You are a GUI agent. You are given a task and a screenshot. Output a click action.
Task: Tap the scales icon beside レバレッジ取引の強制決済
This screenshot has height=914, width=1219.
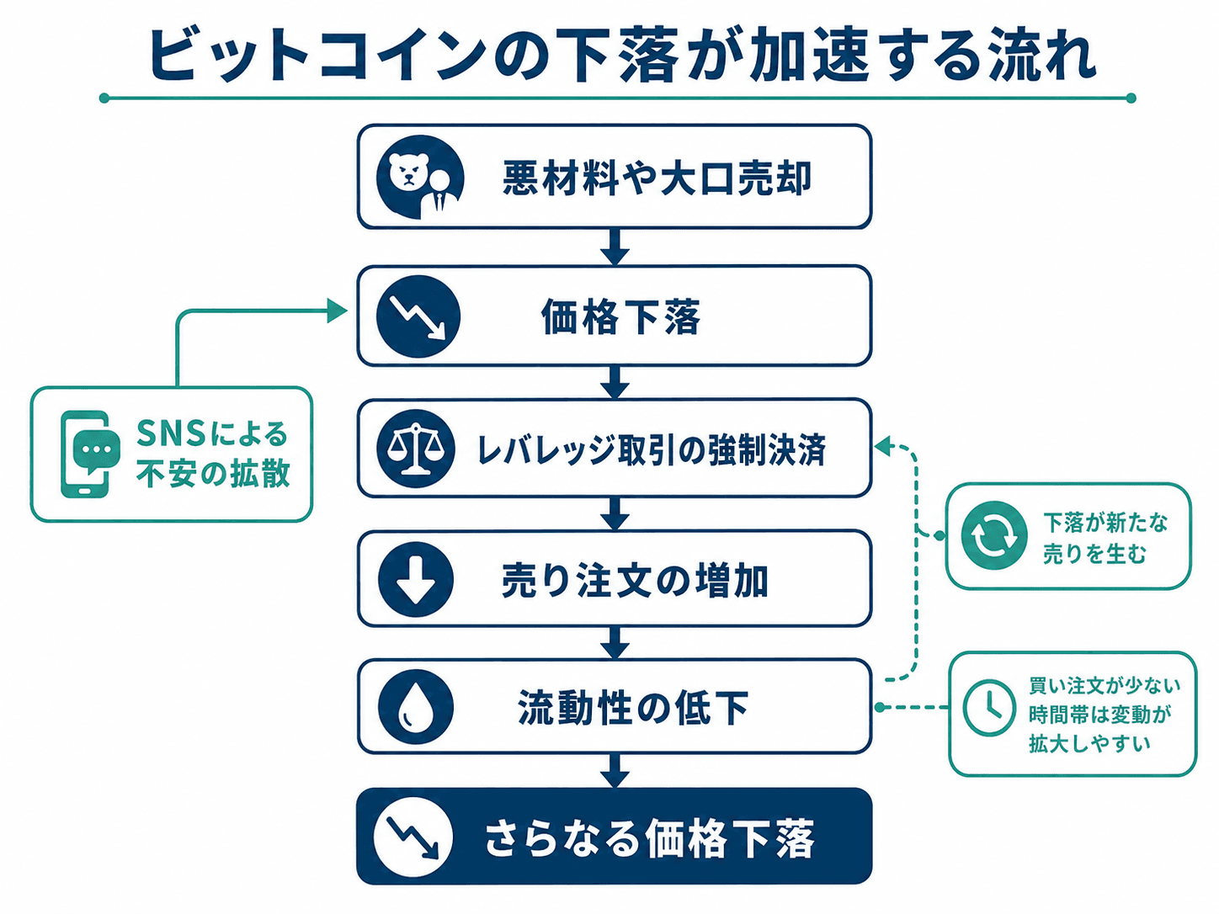(x=416, y=449)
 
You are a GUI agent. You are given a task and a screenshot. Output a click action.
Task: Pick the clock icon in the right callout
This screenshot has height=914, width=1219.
(x=989, y=708)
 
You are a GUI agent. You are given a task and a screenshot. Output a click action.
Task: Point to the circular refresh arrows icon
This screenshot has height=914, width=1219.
(x=994, y=535)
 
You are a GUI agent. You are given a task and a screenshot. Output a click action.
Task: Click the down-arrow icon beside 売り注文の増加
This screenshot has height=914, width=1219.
(x=416, y=579)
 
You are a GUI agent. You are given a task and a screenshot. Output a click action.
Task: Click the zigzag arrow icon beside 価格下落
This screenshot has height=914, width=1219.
(x=418, y=316)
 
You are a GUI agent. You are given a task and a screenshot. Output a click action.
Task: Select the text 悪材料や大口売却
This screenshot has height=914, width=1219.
(x=657, y=178)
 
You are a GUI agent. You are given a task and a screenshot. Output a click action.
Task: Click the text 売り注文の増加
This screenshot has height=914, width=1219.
(x=635, y=581)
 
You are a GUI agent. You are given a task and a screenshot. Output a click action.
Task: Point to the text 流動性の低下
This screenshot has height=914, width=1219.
(x=634, y=708)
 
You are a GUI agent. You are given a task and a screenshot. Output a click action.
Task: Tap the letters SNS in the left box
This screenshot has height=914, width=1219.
(x=171, y=433)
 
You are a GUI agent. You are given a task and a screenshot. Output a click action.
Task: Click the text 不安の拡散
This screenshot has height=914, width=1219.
(x=213, y=473)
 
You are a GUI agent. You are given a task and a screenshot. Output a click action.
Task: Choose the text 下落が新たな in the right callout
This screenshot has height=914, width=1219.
(x=1105, y=522)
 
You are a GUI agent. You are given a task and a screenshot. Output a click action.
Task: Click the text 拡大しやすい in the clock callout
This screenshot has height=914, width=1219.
(x=1089, y=743)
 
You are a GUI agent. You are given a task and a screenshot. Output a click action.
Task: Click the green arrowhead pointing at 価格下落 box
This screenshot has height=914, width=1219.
(x=337, y=311)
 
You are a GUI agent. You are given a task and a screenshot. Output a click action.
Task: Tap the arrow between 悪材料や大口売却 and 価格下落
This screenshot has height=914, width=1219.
(x=615, y=247)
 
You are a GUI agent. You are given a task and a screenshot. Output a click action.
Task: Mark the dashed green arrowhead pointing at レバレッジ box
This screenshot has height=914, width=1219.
(x=883, y=445)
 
